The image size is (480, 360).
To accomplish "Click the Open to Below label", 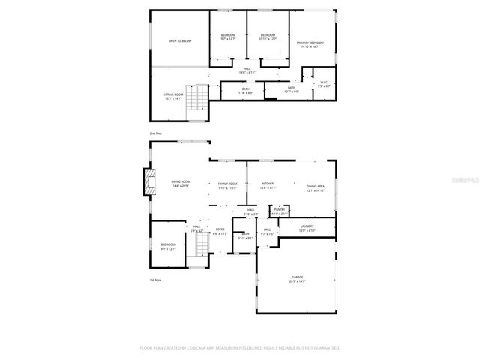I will [x=180, y=40].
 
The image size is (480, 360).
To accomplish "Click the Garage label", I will [x=298, y=279].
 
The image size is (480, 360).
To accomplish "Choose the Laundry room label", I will [x=306, y=227].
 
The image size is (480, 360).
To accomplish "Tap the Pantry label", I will [x=279, y=211].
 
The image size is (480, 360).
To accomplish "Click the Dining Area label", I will [x=315, y=188].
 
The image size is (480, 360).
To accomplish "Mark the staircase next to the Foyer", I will [x=200, y=244].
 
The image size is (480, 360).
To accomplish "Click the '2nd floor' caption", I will [x=155, y=133].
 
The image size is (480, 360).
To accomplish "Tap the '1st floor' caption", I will [x=155, y=280].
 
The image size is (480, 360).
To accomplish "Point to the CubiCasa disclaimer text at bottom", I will [x=240, y=348].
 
